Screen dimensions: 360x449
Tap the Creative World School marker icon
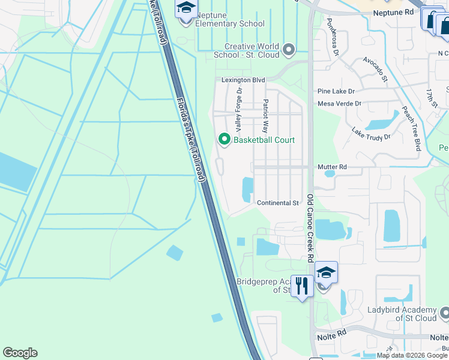pos(289,49)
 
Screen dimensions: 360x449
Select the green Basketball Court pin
pos(224,140)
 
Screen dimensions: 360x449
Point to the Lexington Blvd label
pos(243,80)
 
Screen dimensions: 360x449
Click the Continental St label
pos(278,203)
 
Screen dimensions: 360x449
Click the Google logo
pos(20,353)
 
